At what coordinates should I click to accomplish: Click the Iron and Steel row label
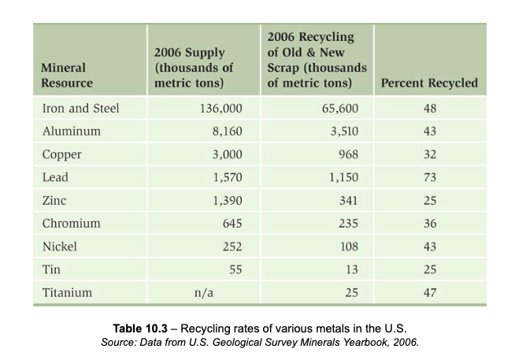(x=80, y=108)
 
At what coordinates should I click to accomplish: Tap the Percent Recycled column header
(x=428, y=83)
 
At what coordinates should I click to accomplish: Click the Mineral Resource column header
(x=67, y=75)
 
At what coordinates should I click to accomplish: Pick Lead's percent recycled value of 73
(x=429, y=177)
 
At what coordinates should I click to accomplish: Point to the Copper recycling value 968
(x=347, y=154)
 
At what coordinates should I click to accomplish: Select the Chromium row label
(x=71, y=223)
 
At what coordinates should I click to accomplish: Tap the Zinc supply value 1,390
(x=227, y=200)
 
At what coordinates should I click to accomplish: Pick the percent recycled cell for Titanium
(x=429, y=292)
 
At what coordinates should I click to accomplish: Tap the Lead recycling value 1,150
(x=343, y=177)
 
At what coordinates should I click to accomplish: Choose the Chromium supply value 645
(x=232, y=223)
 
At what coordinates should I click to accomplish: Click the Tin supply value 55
(x=235, y=269)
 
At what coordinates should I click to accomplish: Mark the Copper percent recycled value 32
(x=429, y=154)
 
